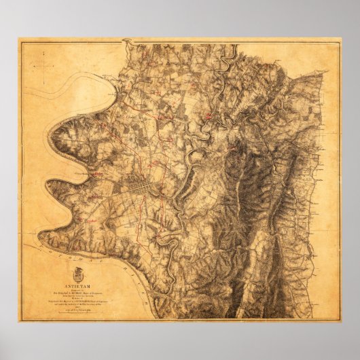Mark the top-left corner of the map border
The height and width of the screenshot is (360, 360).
(x=19, y=41)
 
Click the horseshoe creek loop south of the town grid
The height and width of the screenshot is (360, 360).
(x=163, y=238)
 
